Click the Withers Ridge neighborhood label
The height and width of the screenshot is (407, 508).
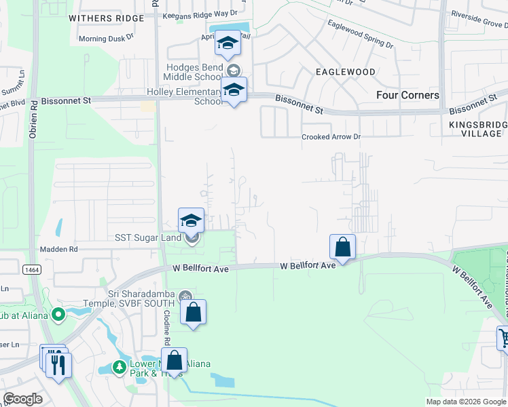pyautogui.click(x=106, y=18)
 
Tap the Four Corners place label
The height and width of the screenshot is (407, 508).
pyautogui.click(x=407, y=95)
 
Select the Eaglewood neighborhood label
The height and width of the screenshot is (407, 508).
pyautogui.click(x=345, y=71)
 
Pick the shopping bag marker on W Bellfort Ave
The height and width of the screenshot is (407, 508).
pyautogui.click(x=343, y=248)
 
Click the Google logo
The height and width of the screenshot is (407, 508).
pyautogui.click(x=22, y=398)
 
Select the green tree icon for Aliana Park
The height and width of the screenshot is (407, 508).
pyautogui.click(x=120, y=367)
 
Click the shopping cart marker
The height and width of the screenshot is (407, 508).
pyautogui.click(x=503, y=338)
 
